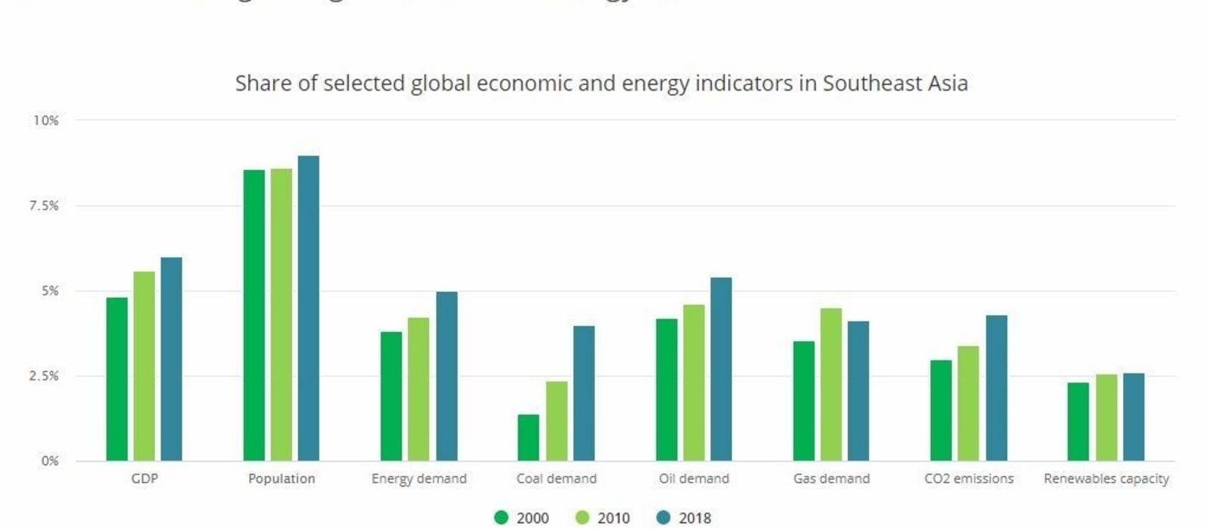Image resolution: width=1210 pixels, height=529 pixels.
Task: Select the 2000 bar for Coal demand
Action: point(528,438)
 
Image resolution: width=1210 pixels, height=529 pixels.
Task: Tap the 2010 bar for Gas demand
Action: point(830,385)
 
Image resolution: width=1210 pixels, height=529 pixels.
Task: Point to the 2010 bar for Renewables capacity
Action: point(1106,417)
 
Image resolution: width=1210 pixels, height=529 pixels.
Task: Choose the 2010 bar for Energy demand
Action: point(418,389)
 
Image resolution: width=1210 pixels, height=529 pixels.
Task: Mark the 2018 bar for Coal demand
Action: point(583,393)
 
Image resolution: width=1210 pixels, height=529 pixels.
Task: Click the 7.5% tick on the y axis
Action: point(44,206)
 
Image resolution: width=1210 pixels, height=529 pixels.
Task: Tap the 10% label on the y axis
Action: point(45,120)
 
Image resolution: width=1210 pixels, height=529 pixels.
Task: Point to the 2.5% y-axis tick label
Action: point(44,376)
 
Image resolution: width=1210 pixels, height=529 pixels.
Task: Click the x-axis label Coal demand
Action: point(556,478)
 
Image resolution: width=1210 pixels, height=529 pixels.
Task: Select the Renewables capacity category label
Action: point(1106,478)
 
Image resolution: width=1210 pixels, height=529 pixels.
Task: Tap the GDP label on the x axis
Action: point(144,478)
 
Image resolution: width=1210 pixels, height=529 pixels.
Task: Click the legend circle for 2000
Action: point(501,518)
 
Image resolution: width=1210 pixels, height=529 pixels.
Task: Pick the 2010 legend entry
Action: point(603,518)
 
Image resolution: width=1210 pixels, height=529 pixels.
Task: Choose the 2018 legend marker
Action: point(663,518)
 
